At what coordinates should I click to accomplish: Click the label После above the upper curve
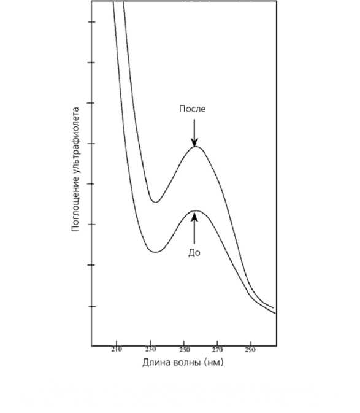click(x=192, y=109)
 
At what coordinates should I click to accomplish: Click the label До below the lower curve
click(x=194, y=253)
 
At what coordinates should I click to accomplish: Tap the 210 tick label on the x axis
click(x=117, y=350)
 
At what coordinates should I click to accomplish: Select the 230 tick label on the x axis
click(x=150, y=350)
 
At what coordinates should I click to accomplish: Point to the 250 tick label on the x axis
click(x=184, y=350)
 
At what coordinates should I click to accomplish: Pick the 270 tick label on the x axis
click(x=217, y=350)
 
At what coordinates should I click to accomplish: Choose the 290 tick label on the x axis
click(x=250, y=350)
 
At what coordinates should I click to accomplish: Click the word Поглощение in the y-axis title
click(x=75, y=204)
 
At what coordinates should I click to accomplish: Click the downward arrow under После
click(x=194, y=133)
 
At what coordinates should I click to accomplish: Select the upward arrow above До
click(x=194, y=228)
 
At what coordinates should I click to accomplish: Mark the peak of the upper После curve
click(x=196, y=147)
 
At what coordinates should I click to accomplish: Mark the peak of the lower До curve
click(x=196, y=210)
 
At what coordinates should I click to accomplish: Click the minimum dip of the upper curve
click(x=156, y=202)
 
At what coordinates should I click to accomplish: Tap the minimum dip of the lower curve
click(x=156, y=252)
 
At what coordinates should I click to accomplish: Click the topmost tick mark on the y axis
click(x=91, y=22)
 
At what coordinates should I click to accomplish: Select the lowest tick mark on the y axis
click(x=91, y=306)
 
